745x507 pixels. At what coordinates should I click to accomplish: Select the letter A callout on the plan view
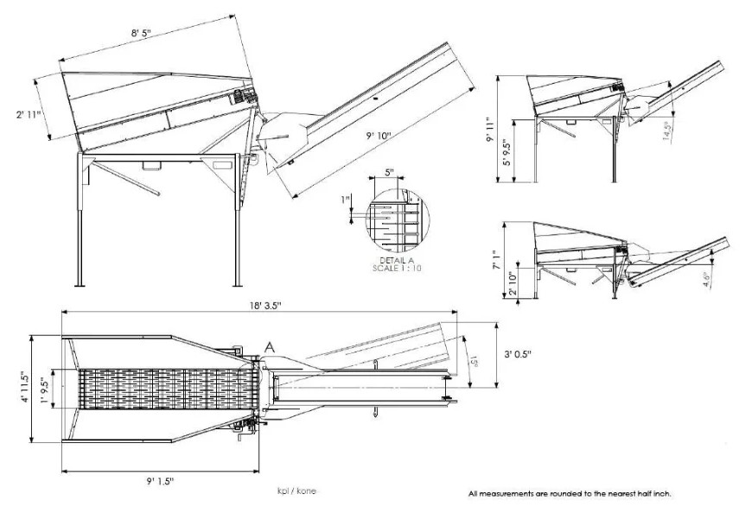point(269,347)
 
